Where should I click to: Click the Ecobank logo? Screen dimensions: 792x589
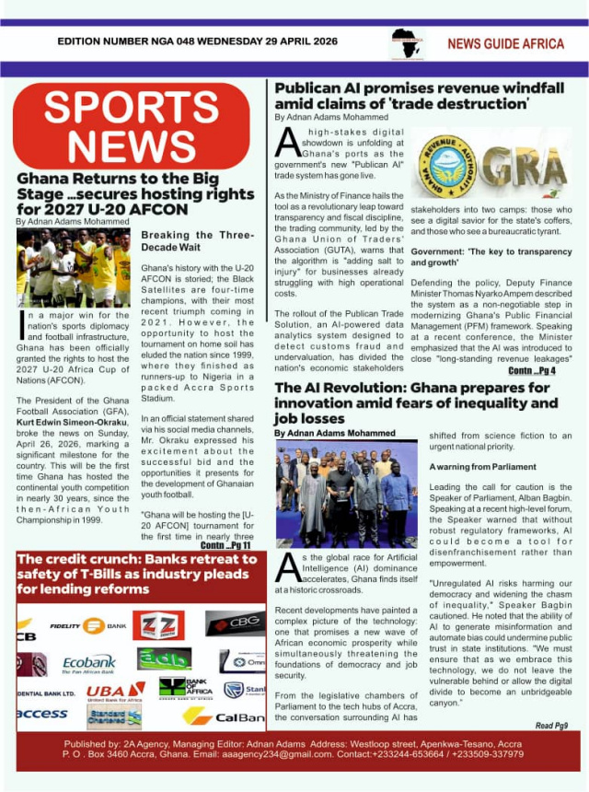[88, 663]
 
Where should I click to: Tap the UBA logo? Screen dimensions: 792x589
[114, 691]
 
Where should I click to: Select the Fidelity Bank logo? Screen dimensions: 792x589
[88, 626]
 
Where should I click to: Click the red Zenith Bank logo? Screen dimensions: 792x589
[157, 626]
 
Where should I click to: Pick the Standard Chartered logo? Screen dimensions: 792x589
[114, 716]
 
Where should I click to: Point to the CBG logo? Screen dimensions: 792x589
[235, 623]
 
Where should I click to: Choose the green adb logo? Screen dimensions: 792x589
[164, 658]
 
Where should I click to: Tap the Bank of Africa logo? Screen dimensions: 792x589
[184, 687]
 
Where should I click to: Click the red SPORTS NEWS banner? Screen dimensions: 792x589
[131, 125]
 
